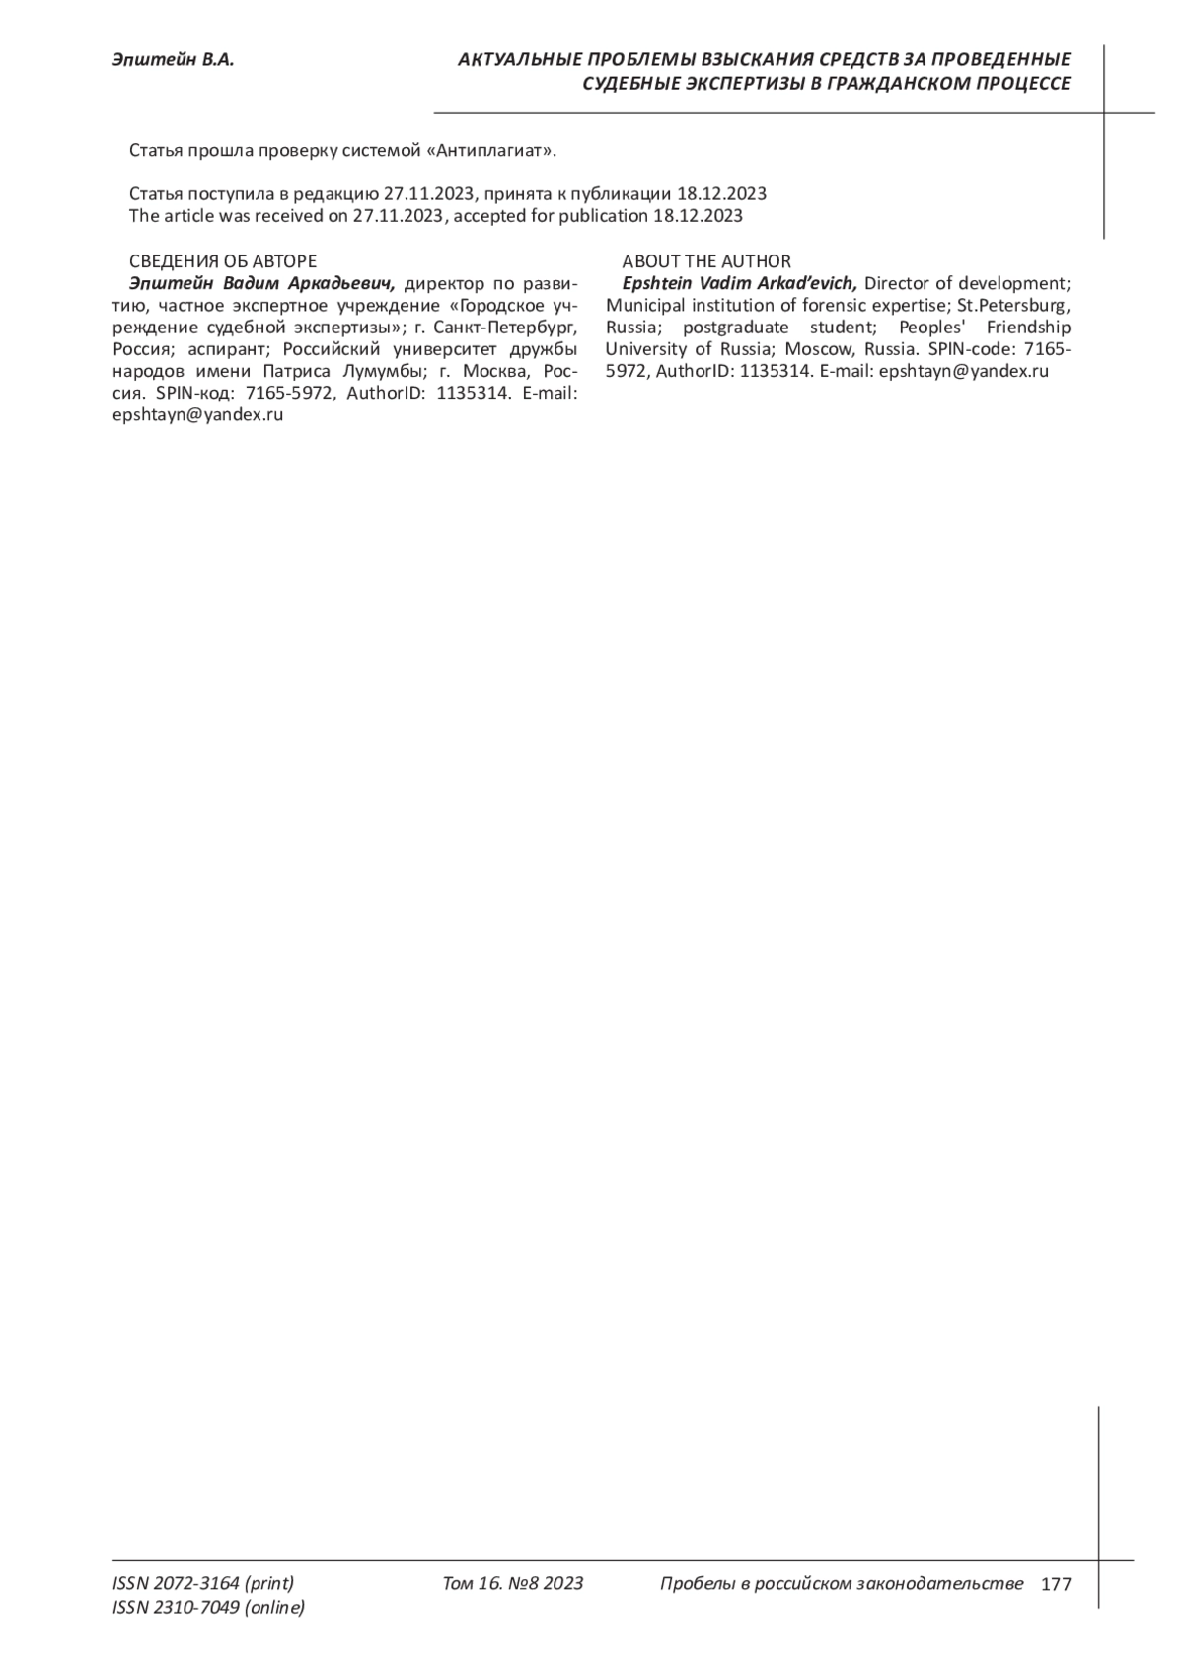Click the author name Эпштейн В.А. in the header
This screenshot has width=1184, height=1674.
(173, 61)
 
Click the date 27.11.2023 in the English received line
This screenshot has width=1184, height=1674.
(399, 216)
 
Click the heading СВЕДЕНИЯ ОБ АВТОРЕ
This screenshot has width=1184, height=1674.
(223, 261)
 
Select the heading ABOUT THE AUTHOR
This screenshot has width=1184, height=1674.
(706, 261)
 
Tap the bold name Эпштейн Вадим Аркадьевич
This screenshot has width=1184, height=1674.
(256, 284)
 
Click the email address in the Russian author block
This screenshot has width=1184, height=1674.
(198, 415)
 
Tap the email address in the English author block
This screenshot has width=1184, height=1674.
(963, 372)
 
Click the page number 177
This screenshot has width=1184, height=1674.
(1055, 1585)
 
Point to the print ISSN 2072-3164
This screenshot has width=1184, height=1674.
(203, 1584)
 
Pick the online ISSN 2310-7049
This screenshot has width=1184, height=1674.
(209, 1608)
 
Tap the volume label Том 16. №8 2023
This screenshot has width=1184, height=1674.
(513, 1584)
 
